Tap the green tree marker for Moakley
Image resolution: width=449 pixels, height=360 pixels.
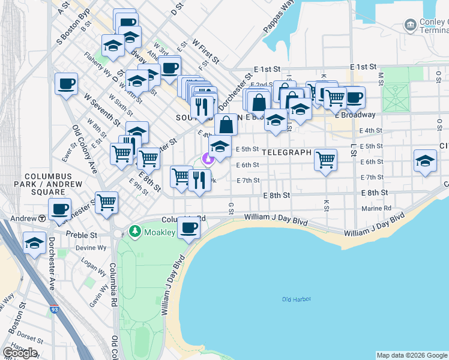click(135, 231)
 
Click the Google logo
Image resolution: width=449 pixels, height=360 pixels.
click(20, 353)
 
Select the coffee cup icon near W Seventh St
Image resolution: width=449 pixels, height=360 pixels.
click(66, 83)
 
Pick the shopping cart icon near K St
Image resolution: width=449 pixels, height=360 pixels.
click(325, 160)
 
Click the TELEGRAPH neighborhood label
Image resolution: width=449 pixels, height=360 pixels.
click(286, 152)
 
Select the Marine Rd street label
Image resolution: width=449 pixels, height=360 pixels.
click(376, 209)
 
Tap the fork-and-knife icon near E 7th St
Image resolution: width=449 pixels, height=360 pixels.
click(199, 179)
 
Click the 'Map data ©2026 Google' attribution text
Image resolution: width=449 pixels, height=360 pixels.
click(411, 355)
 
